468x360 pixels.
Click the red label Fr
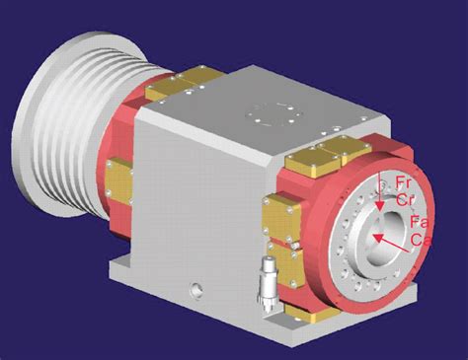point(404,182)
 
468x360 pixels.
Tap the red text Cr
point(405,200)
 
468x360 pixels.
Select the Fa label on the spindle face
point(420,222)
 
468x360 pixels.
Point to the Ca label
point(421,240)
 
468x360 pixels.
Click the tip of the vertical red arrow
point(380,210)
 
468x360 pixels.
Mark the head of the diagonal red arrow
point(373,236)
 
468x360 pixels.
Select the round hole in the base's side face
point(196,290)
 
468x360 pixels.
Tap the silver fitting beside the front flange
point(268,284)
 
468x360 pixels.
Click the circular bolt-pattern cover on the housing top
point(274,114)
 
